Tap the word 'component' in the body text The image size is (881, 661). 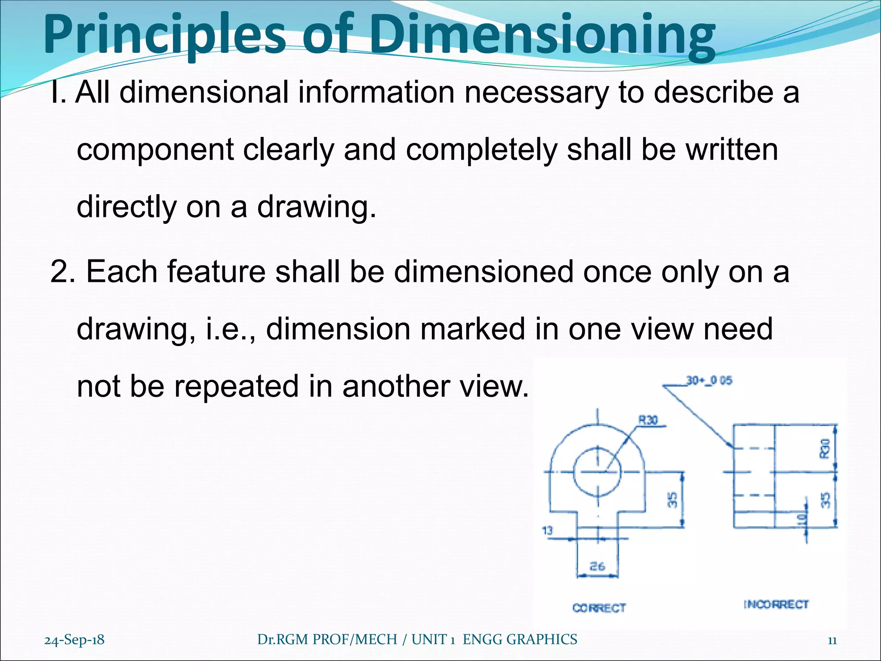pos(155,150)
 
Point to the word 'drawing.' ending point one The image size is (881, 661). pos(316,207)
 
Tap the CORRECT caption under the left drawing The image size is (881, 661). pos(599,608)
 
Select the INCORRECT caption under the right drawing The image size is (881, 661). pos(776,605)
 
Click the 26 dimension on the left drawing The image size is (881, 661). pos(597,566)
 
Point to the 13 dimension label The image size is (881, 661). pos(547,531)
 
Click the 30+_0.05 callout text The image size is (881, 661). pos(709,381)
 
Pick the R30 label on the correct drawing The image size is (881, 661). pos(648,420)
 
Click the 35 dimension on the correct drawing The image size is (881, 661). pos(672,500)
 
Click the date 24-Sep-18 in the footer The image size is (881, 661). pos(74,640)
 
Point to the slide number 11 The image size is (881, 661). pos(832,640)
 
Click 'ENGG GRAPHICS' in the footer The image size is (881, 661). pos(520,639)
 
